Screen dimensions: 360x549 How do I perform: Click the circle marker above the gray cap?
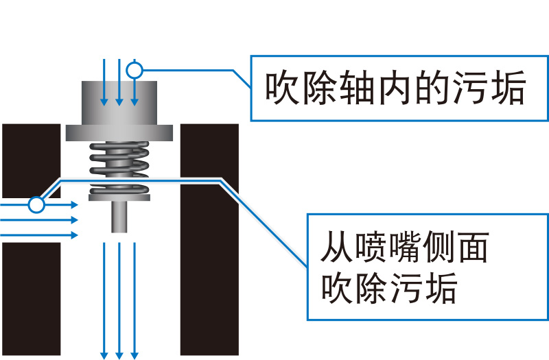pos(135,69)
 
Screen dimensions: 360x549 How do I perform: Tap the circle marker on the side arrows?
pos(36,204)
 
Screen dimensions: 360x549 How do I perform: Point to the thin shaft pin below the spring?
pos(119,217)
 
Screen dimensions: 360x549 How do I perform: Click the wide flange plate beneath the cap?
pos(119,132)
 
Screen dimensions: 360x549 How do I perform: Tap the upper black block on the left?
pos(30,160)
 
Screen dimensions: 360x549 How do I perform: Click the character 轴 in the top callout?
pos(355,88)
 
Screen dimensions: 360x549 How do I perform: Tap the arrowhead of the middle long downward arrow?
pos(119,354)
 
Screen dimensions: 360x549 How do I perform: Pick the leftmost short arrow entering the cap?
pos(104,82)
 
